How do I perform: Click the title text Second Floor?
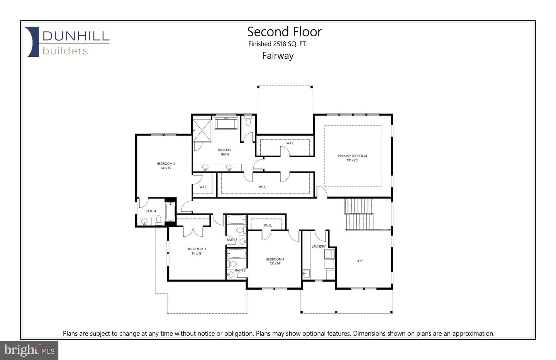click(284, 32)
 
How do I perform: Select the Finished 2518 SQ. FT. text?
click(278, 44)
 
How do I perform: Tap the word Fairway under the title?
click(278, 56)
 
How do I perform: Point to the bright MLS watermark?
click(29, 350)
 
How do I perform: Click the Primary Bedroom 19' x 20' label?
click(352, 158)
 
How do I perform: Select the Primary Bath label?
click(225, 152)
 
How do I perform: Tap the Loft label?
click(360, 261)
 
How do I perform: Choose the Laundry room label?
click(319, 246)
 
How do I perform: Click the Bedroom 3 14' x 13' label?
click(197, 251)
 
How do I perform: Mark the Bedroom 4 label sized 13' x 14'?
click(275, 262)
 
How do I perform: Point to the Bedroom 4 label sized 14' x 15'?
click(166, 166)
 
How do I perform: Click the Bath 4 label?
click(151, 211)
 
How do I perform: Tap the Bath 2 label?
click(240, 270)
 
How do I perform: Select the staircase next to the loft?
click(359, 214)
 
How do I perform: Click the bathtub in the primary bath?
click(227, 124)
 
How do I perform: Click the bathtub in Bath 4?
click(170, 211)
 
